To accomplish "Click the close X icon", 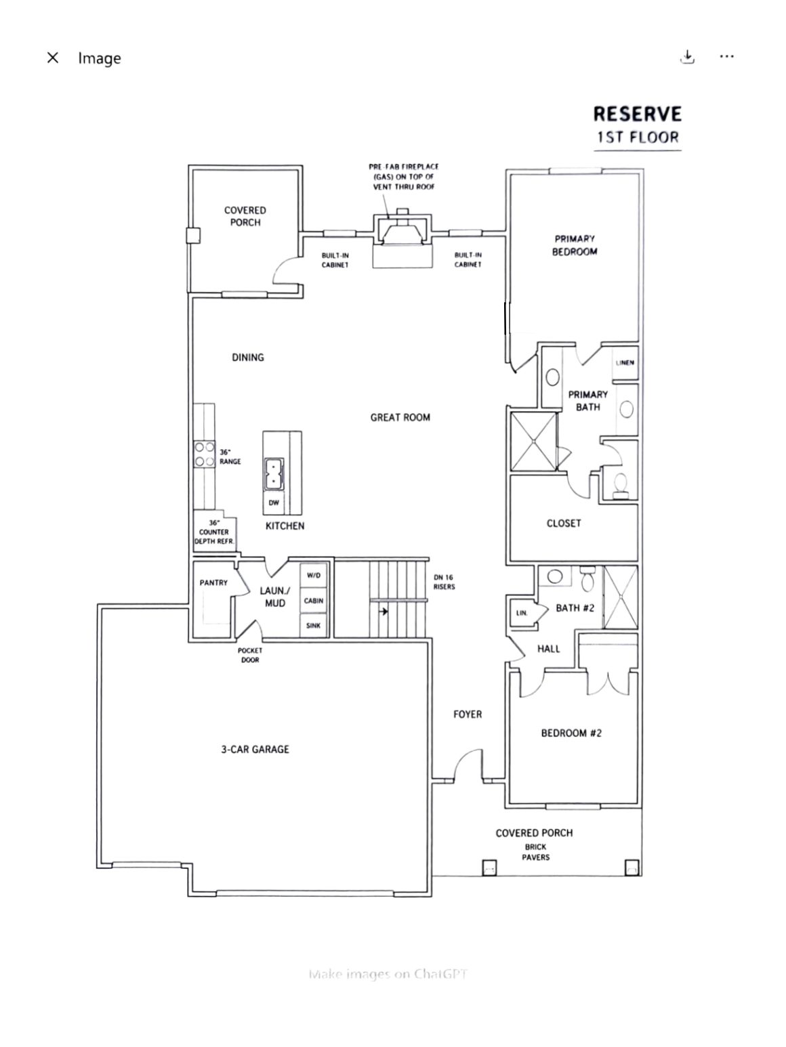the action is [52, 58].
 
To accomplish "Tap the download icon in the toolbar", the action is [687, 57].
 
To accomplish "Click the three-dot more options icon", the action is [726, 57].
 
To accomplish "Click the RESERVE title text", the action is [637, 114].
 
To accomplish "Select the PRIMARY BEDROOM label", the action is [575, 245].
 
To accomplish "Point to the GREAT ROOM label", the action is [400, 417].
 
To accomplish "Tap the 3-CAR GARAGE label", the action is [255, 749].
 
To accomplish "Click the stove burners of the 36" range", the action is [204, 454].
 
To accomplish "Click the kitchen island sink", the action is [274, 474].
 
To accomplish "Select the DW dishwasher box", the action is [274, 503].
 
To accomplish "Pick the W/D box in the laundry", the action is [314, 575].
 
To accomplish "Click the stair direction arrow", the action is [384, 611].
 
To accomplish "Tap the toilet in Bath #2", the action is [587, 578].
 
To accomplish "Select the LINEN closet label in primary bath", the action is [625, 362].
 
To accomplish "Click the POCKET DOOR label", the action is [250, 655].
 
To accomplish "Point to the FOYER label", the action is [468, 714].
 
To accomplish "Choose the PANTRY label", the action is [213, 582].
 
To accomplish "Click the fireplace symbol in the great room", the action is [402, 229].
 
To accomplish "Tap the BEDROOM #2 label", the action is [571, 733].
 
